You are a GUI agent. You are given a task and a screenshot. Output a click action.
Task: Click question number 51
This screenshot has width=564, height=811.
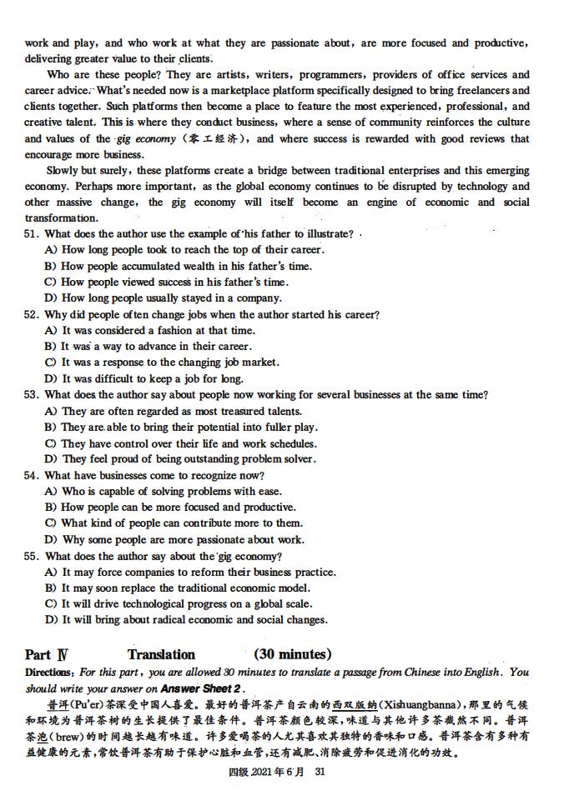point(32,234)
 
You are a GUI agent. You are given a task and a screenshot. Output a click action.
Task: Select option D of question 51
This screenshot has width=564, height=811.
point(50,298)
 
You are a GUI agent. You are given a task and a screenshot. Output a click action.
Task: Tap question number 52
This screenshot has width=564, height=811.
point(32,314)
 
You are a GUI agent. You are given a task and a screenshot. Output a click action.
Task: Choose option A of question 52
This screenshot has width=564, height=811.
point(50,331)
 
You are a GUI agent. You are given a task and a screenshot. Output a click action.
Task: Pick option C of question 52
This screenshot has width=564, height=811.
point(50,363)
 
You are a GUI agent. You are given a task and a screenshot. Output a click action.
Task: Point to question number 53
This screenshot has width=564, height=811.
point(32,395)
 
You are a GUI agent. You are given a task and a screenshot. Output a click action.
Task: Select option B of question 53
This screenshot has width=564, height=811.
point(50,428)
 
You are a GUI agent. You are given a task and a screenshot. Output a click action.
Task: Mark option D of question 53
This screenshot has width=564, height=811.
point(50,459)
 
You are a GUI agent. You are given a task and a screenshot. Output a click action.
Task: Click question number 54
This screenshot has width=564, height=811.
point(32,475)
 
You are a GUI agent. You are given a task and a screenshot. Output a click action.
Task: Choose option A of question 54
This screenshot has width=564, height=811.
point(50,492)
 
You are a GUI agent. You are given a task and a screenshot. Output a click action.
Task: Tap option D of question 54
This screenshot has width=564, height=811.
point(50,540)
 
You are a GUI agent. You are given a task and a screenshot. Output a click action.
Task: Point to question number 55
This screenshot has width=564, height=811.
point(32,556)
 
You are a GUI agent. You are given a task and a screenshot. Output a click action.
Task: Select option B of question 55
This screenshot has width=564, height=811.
point(50,588)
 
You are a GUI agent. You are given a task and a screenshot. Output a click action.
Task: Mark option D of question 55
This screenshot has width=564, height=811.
point(50,620)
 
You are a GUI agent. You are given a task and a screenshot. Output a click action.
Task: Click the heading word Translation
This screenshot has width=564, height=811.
point(161,655)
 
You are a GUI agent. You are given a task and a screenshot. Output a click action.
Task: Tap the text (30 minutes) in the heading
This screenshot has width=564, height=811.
point(292,655)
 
